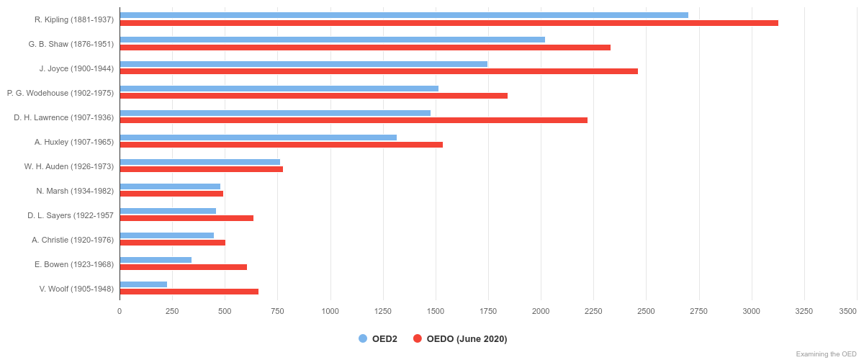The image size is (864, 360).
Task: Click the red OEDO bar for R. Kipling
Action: pos(449,23)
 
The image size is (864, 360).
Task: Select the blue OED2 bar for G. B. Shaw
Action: pos(332,40)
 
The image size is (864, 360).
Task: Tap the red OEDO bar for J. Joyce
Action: pos(379,71)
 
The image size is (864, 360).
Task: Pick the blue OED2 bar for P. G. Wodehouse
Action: pos(279,89)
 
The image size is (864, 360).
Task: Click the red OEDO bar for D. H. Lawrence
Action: pos(354,120)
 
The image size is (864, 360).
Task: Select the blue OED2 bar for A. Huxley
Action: pos(258,138)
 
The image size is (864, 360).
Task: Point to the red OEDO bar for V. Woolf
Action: pos(189,292)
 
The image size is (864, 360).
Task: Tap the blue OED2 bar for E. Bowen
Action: pos(156,260)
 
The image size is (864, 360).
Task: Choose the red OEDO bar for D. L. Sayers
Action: pos(186,218)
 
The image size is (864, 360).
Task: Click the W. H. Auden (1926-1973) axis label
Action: pos(68,166)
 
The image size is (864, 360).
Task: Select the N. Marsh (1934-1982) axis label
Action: pos(75,191)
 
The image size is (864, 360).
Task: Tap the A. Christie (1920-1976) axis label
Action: pos(73,240)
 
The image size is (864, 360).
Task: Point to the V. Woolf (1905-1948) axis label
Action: pos(76,289)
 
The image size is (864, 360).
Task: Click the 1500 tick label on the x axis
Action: pos(436,311)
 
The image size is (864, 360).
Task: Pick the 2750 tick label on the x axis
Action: pos(698,311)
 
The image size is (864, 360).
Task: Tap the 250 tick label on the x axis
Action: pos(172,311)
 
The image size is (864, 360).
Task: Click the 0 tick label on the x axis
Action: pos(120,311)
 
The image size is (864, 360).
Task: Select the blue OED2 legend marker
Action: pos(363,339)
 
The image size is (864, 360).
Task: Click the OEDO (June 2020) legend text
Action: pos(467,339)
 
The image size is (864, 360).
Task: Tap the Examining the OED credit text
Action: pos(826,354)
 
